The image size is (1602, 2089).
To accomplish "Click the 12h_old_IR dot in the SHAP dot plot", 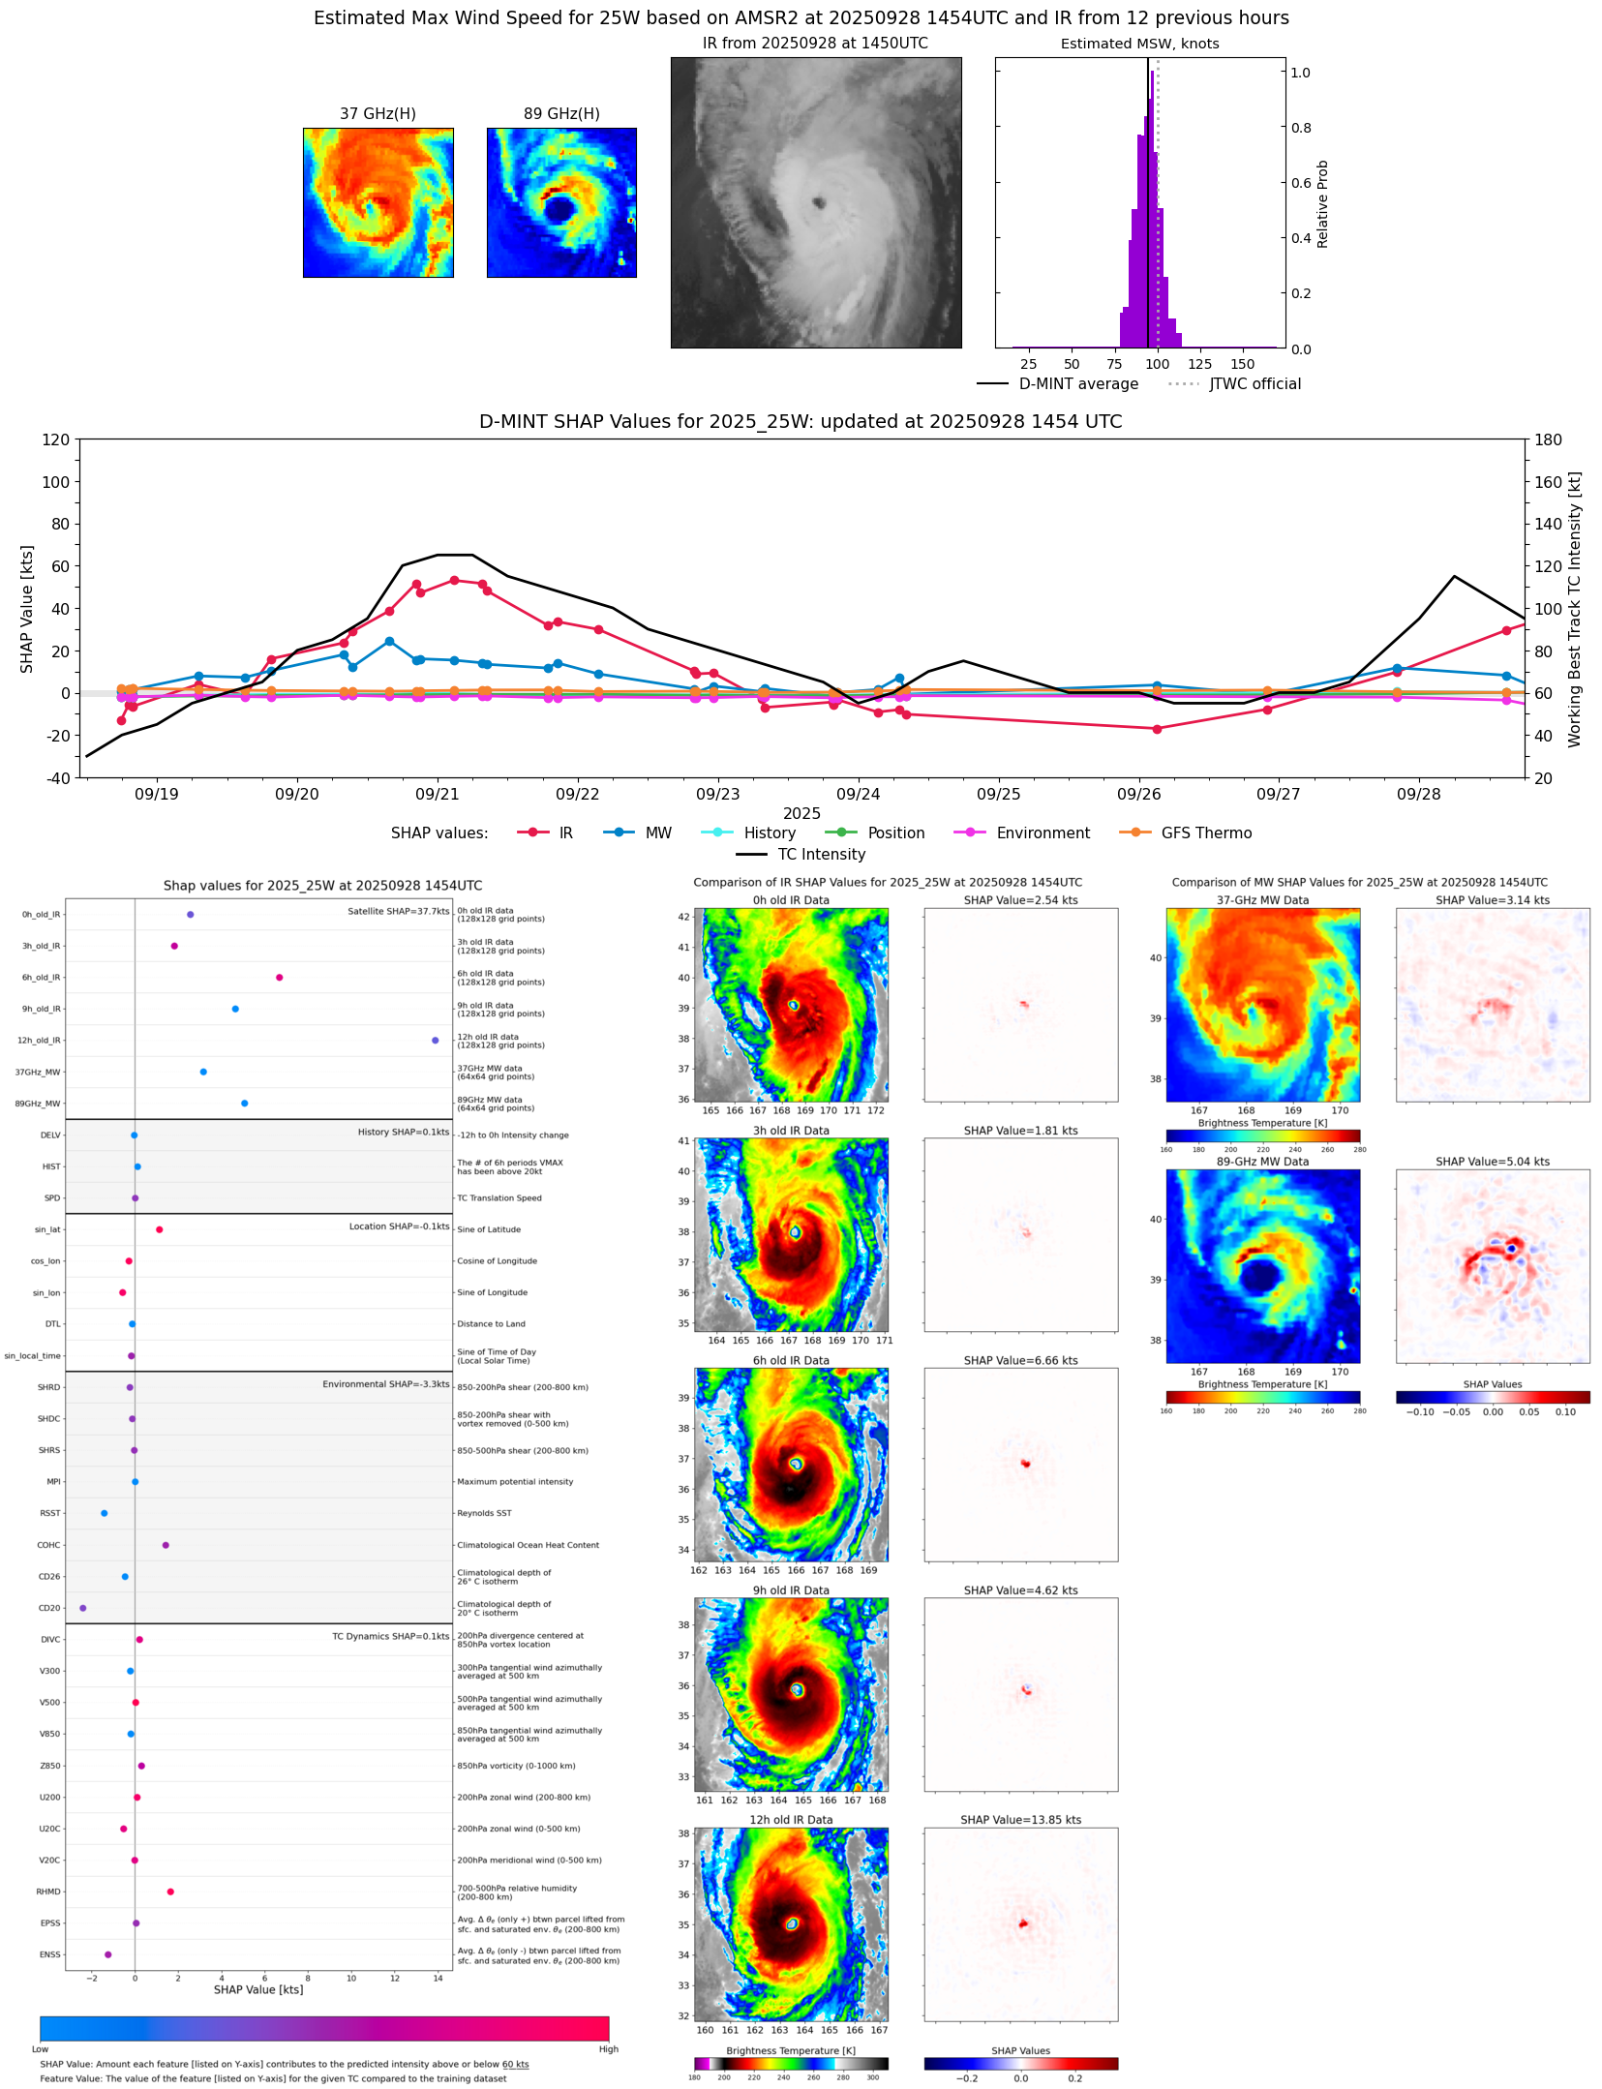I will tap(435, 1041).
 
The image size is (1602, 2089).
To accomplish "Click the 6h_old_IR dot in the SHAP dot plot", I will tap(279, 978).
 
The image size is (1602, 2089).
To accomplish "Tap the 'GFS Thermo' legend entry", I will tap(1206, 833).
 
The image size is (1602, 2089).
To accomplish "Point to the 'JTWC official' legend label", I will tap(1254, 384).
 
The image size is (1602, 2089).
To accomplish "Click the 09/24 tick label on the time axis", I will tap(858, 795).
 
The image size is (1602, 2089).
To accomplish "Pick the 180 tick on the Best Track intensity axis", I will tap(1548, 440).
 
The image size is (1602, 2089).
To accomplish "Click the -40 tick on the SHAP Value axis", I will tap(56, 778).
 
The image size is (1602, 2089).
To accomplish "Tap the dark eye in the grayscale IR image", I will tap(819, 203).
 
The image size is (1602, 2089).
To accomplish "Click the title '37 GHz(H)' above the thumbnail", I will tap(378, 114).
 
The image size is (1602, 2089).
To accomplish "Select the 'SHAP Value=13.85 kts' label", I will tap(1019, 1820).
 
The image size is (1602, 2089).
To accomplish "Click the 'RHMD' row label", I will tap(48, 1892).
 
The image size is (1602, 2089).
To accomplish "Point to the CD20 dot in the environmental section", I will tap(82, 1608).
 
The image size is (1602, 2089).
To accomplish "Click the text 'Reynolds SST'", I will tap(484, 1513).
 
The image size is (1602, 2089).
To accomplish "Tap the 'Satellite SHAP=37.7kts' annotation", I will tap(398, 912).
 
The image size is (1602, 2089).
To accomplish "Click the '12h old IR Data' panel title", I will tap(791, 1820).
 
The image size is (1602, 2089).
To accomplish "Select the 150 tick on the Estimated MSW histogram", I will tap(1242, 365).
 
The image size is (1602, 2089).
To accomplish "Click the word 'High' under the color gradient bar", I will tap(608, 2049).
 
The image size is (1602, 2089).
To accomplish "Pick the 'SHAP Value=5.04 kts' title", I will tap(1492, 1162).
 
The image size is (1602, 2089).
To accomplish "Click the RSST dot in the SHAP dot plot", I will tap(105, 1513).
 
